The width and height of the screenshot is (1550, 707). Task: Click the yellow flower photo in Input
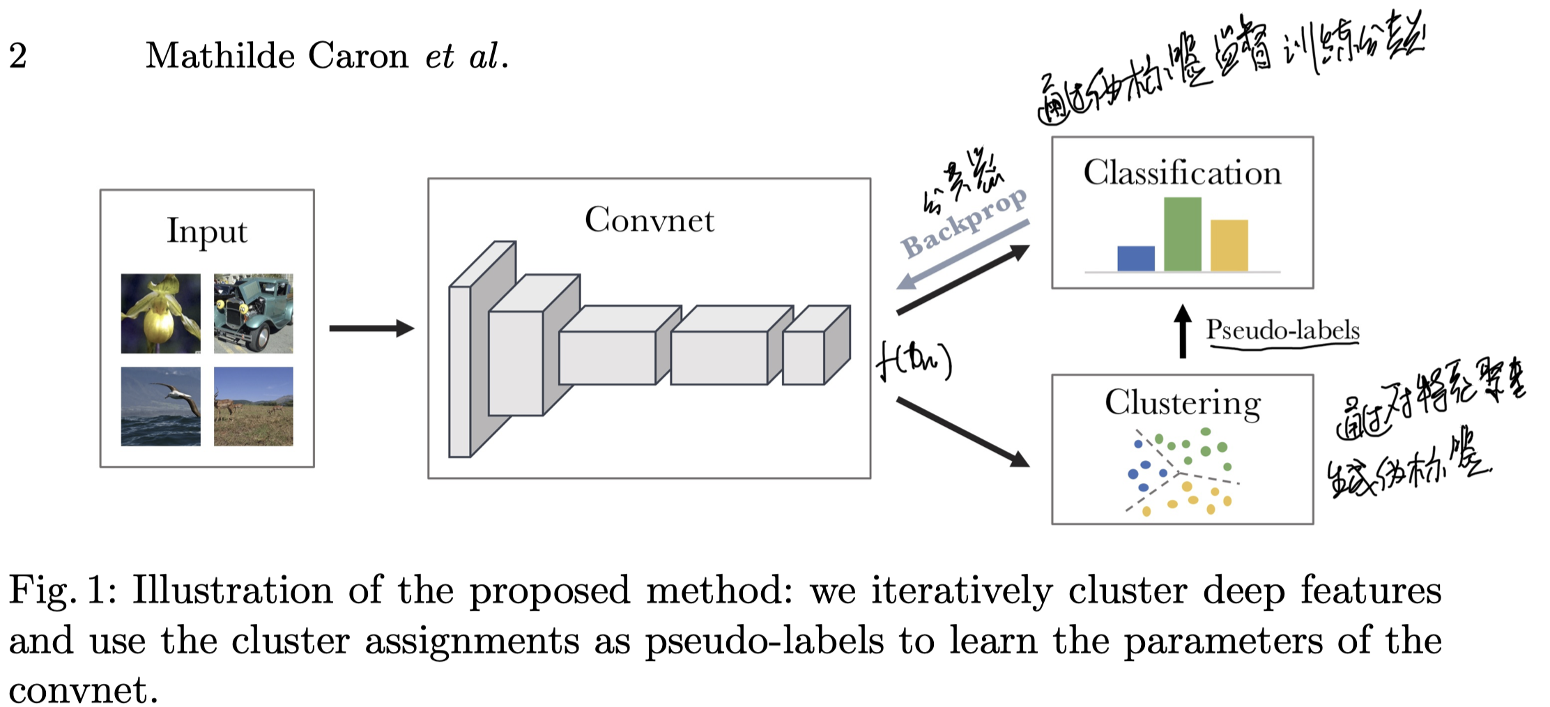tap(160, 313)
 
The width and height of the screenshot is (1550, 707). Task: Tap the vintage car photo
tap(253, 313)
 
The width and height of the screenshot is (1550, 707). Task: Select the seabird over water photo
tap(160, 406)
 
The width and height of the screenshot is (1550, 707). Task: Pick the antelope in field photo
tap(253, 406)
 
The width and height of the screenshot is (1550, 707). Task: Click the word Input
tap(206, 231)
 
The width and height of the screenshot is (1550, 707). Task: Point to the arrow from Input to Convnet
tap(371, 328)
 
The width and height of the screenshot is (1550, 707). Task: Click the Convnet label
tap(649, 220)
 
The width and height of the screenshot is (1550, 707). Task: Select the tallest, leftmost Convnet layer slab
tap(460, 370)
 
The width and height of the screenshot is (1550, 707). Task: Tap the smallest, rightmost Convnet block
tap(805, 357)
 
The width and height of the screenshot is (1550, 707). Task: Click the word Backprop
tap(963, 223)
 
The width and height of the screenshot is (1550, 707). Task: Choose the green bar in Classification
tap(1182, 234)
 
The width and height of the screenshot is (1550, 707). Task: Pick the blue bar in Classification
tap(1135, 258)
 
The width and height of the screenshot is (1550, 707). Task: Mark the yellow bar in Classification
tap(1229, 245)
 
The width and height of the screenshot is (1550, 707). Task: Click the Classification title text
tap(1182, 172)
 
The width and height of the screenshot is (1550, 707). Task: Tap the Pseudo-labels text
tap(1282, 330)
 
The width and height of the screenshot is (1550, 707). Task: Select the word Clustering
tap(1182, 403)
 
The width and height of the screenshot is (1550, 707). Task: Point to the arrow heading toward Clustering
tap(962, 432)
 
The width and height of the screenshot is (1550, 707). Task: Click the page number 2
tap(18, 56)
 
